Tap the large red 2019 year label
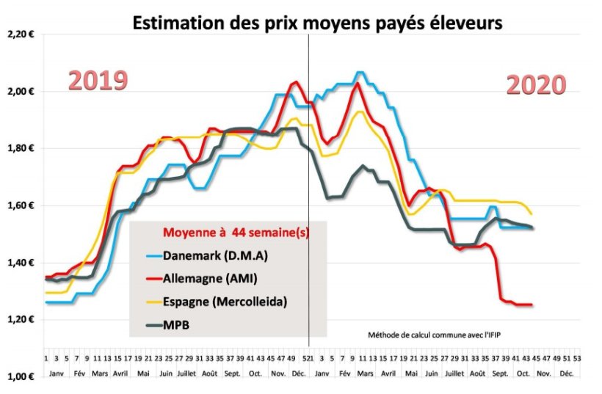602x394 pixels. pyautogui.click(x=98, y=81)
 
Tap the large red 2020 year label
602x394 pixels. pyautogui.click(x=536, y=85)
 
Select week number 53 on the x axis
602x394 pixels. pyautogui.click(x=576, y=360)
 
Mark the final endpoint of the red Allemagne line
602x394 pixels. pyautogui.click(x=532, y=304)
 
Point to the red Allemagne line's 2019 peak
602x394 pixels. pyautogui.click(x=295, y=82)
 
